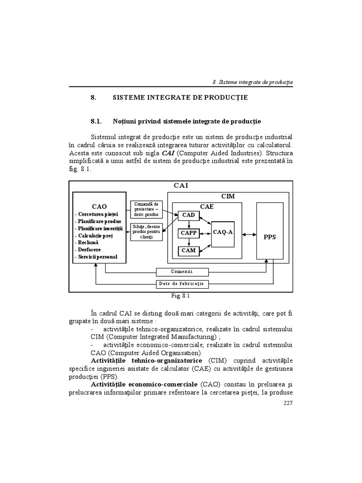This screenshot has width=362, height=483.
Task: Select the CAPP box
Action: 188,233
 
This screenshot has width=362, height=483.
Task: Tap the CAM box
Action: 188,250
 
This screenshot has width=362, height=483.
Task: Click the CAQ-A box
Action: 223,233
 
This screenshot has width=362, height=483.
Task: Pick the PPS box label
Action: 270,237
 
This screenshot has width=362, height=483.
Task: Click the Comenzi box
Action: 181,272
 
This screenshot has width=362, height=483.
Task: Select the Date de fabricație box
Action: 182,284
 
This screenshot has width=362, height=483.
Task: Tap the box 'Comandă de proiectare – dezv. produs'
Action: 146,209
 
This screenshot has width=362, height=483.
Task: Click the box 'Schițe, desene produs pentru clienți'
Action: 146,232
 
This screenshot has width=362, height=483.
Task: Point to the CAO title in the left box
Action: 99,206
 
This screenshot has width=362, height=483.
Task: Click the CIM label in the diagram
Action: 228,196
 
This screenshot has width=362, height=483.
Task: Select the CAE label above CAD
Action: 207,207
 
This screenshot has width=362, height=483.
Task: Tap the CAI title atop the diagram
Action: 181,185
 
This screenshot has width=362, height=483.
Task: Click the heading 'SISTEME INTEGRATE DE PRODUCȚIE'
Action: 180,98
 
